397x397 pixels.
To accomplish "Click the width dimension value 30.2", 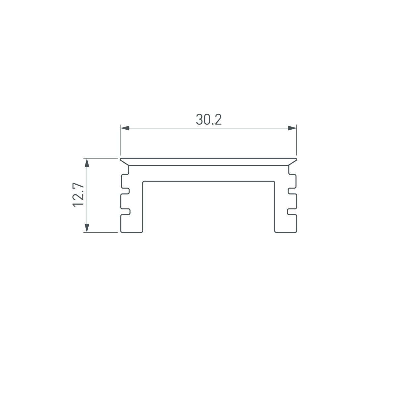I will coord(208,120).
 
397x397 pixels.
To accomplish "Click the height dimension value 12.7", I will coord(78,195).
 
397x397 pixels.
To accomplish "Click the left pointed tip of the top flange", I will coord(121,159).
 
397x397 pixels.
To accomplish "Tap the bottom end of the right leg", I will coord(285,232).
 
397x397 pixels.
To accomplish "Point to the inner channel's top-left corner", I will coord(143,182).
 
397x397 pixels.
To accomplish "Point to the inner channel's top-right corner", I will coord(274,182).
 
